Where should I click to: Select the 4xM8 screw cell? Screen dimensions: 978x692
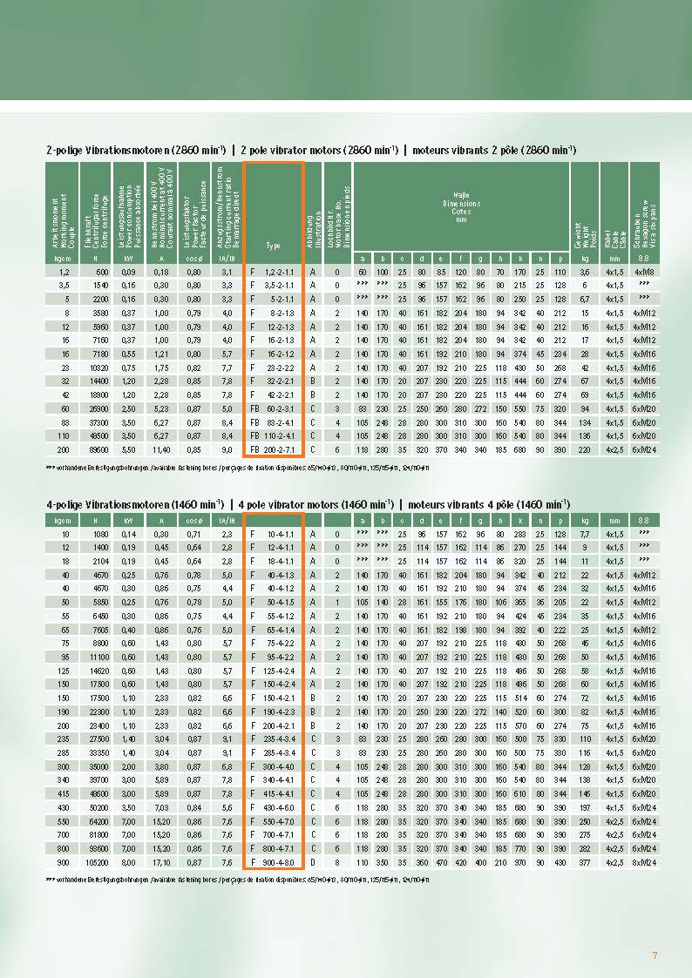point(644,273)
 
